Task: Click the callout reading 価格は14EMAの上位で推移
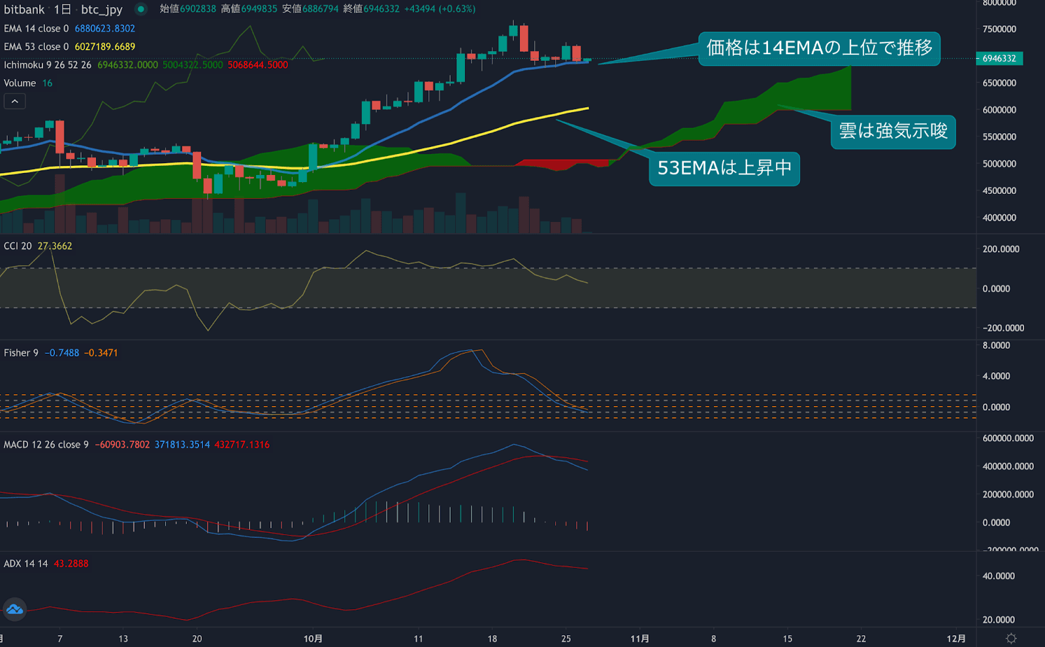tap(819, 48)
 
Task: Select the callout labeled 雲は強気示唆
tap(893, 132)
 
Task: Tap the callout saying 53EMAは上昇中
tap(724, 168)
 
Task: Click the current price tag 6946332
tap(999, 59)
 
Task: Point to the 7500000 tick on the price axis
tap(999, 29)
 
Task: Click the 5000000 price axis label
tap(999, 164)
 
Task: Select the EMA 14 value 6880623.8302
tap(104, 29)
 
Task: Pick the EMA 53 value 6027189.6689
tap(104, 47)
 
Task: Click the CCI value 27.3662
tap(55, 246)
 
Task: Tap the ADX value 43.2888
tap(71, 563)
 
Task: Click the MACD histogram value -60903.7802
tap(122, 445)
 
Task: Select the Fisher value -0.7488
tap(62, 353)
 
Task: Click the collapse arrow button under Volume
tap(14, 101)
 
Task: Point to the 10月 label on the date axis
tap(313, 639)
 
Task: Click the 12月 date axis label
tap(956, 639)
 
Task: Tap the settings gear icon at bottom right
tap(1011, 639)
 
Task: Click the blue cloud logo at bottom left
tap(14, 610)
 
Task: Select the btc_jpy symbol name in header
tap(102, 10)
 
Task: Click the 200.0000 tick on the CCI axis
tap(1001, 249)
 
